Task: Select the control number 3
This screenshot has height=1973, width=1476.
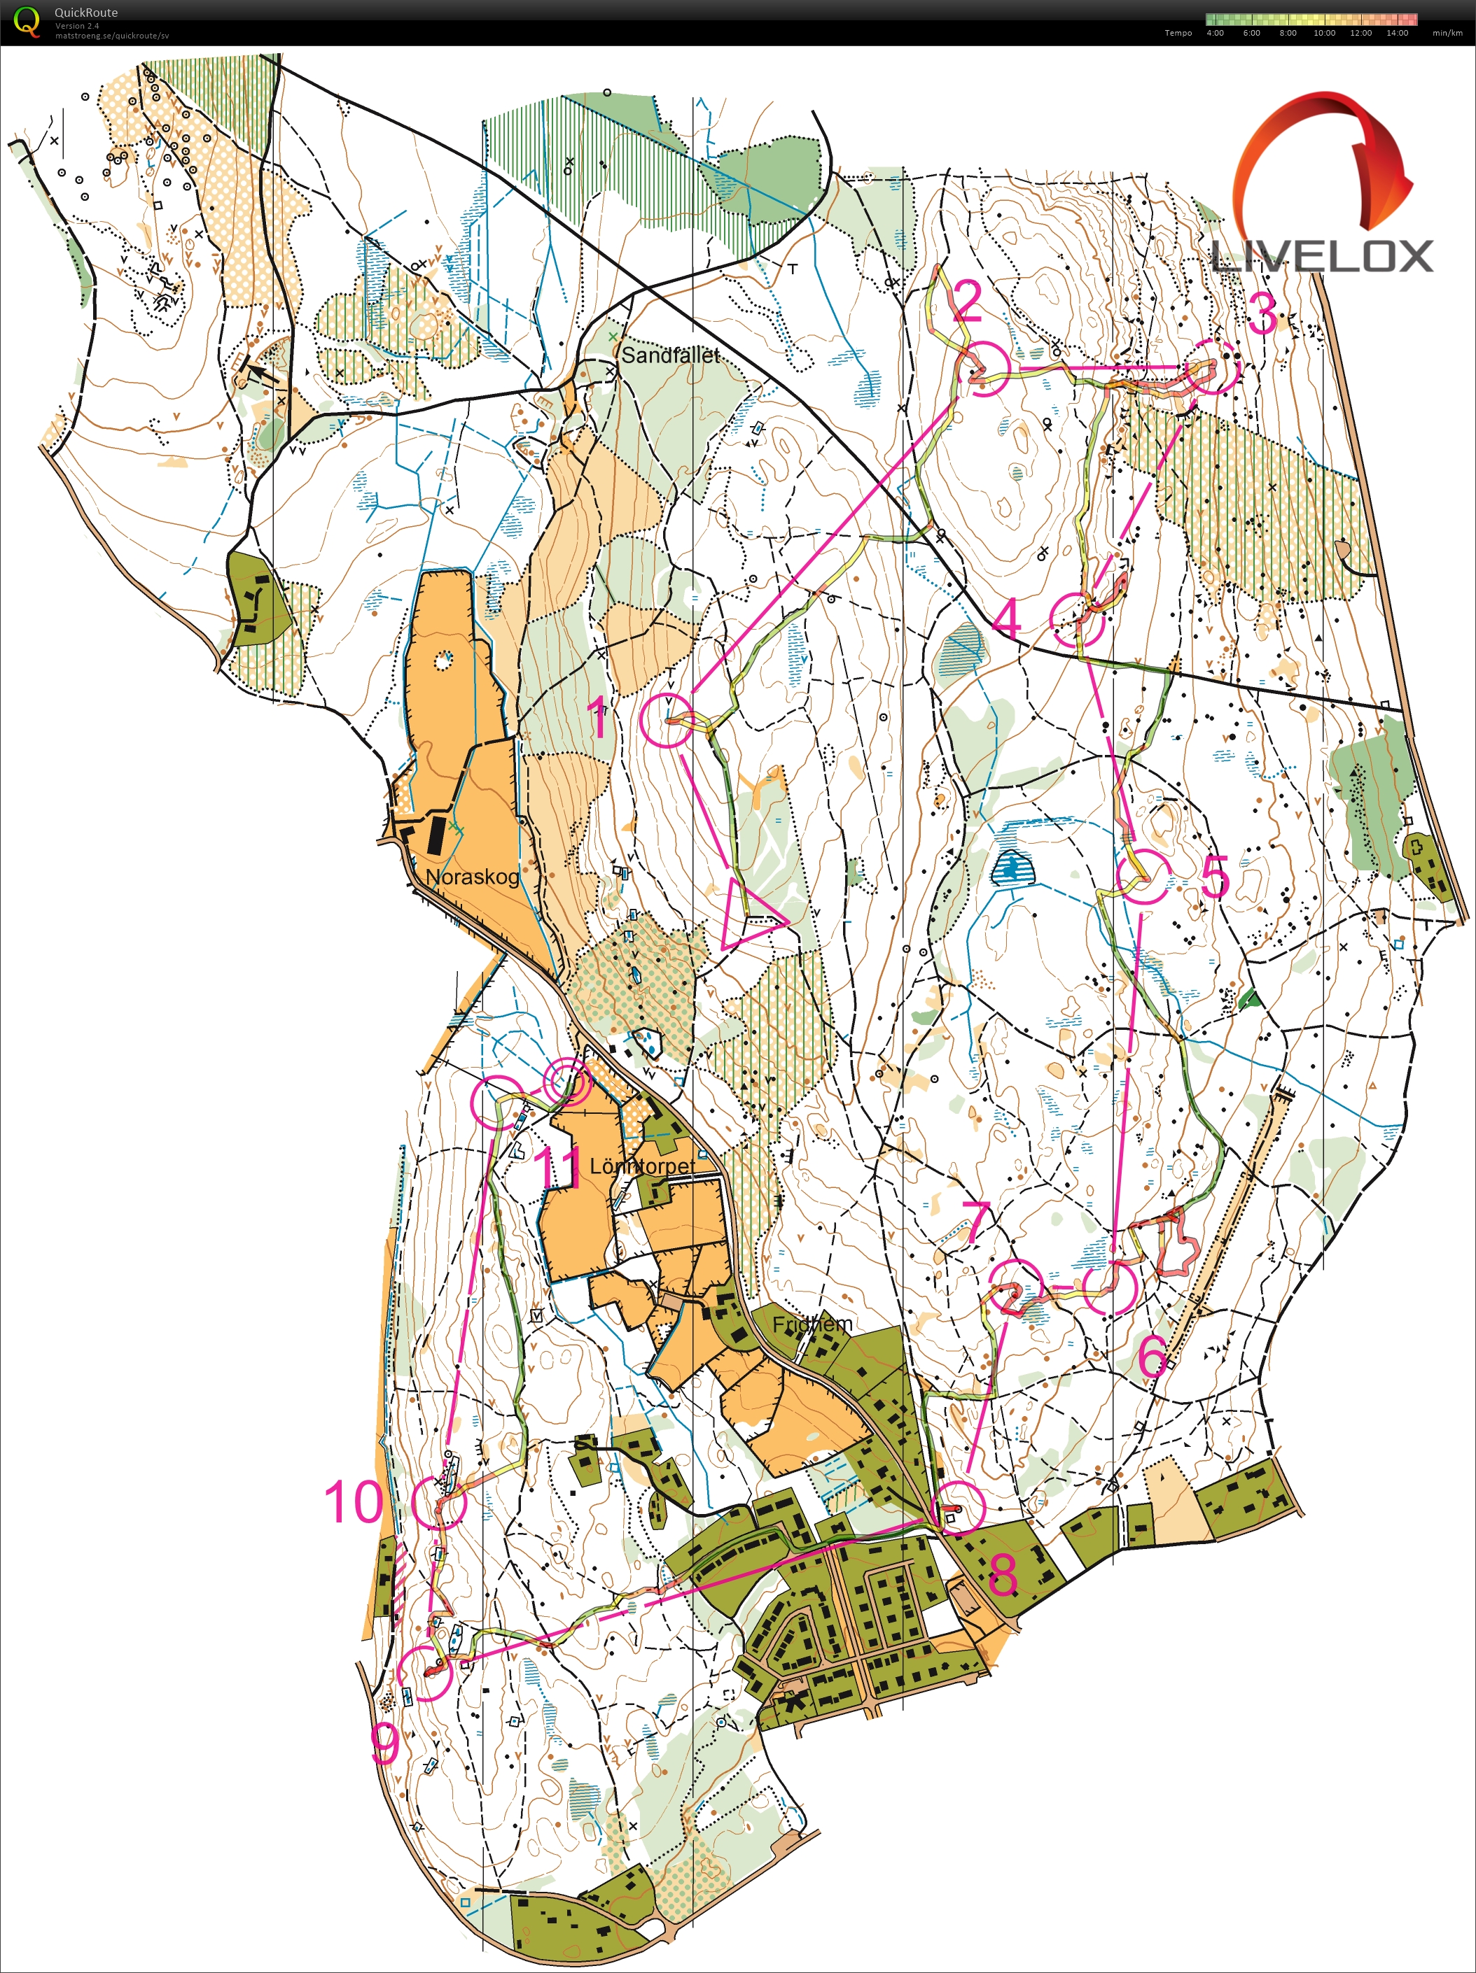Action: pos(1262,312)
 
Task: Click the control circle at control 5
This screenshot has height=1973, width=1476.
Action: pos(1144,877)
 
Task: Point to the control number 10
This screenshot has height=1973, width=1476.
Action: pos(354,1502)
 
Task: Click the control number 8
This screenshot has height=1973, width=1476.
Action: pos(1002,1573)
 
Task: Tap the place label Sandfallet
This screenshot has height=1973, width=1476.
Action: pos(669,355)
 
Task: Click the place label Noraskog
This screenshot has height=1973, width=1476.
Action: pos(471,876)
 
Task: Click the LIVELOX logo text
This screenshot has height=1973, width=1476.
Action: pos(1323,257)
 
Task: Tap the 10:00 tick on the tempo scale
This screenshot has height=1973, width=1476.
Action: pos(1323,33)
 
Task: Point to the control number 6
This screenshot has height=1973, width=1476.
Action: pos(1152,1356)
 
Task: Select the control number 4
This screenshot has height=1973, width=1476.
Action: pos(1007,617)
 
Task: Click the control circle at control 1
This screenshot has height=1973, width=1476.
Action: pos(666,721)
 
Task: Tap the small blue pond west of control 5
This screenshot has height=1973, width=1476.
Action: pos(1011,867)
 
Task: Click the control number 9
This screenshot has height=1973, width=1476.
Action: pos(384,1741)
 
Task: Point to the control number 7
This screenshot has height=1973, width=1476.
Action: pos(976,1221)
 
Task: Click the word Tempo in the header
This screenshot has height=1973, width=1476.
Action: pos(1177,33)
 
